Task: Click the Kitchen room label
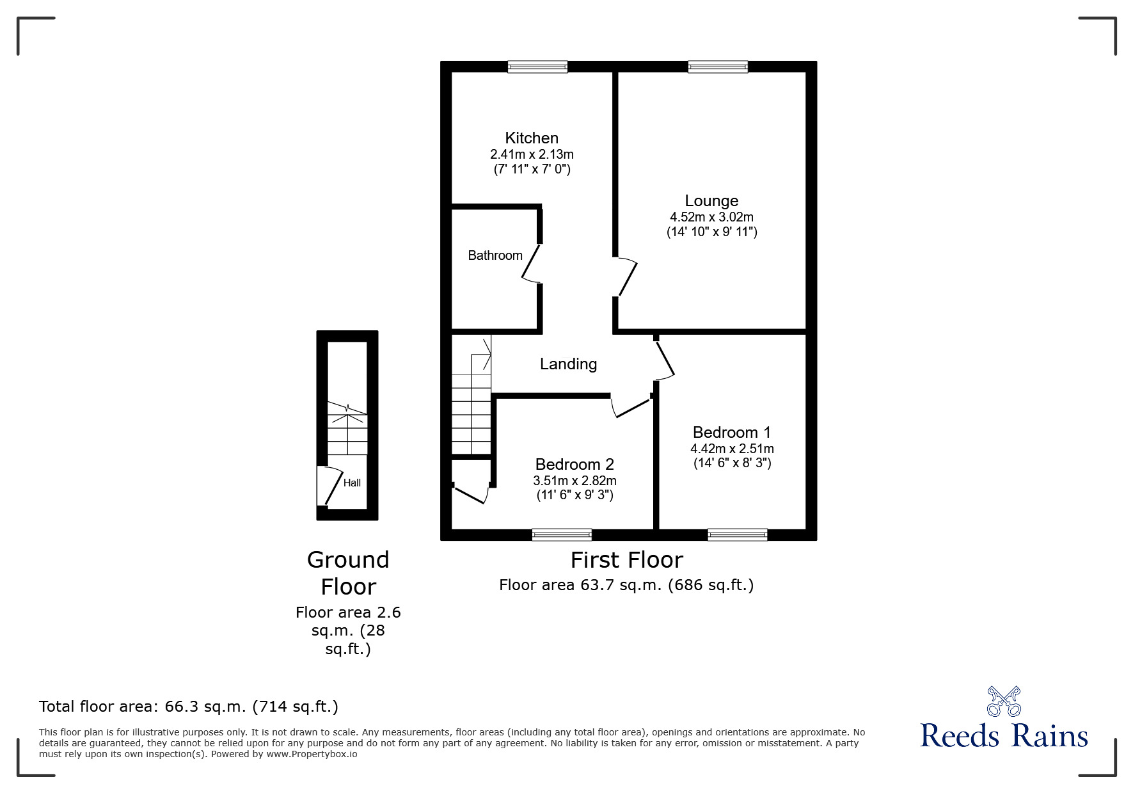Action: click(531, 138)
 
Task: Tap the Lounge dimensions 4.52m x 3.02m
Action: click(711, 217)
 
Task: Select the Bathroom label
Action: click(495, 255)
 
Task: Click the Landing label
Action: click(568, 364)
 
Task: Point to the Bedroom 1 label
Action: click(731, 432)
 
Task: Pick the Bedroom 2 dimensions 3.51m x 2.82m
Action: click(574, 481)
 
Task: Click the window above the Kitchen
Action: click(537, 67)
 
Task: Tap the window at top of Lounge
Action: click(718, 67)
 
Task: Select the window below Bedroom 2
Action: click(562, 534)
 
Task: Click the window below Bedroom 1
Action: click(737, 534)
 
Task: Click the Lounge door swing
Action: click(628, 277)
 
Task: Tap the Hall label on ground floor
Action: click(352, 483)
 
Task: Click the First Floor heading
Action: click(626, 560)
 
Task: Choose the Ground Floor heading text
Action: click(348, 573)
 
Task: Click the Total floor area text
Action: click(189, 707)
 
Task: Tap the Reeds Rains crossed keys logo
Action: click(1004, 701)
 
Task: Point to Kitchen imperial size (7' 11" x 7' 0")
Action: click(532, 170)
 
